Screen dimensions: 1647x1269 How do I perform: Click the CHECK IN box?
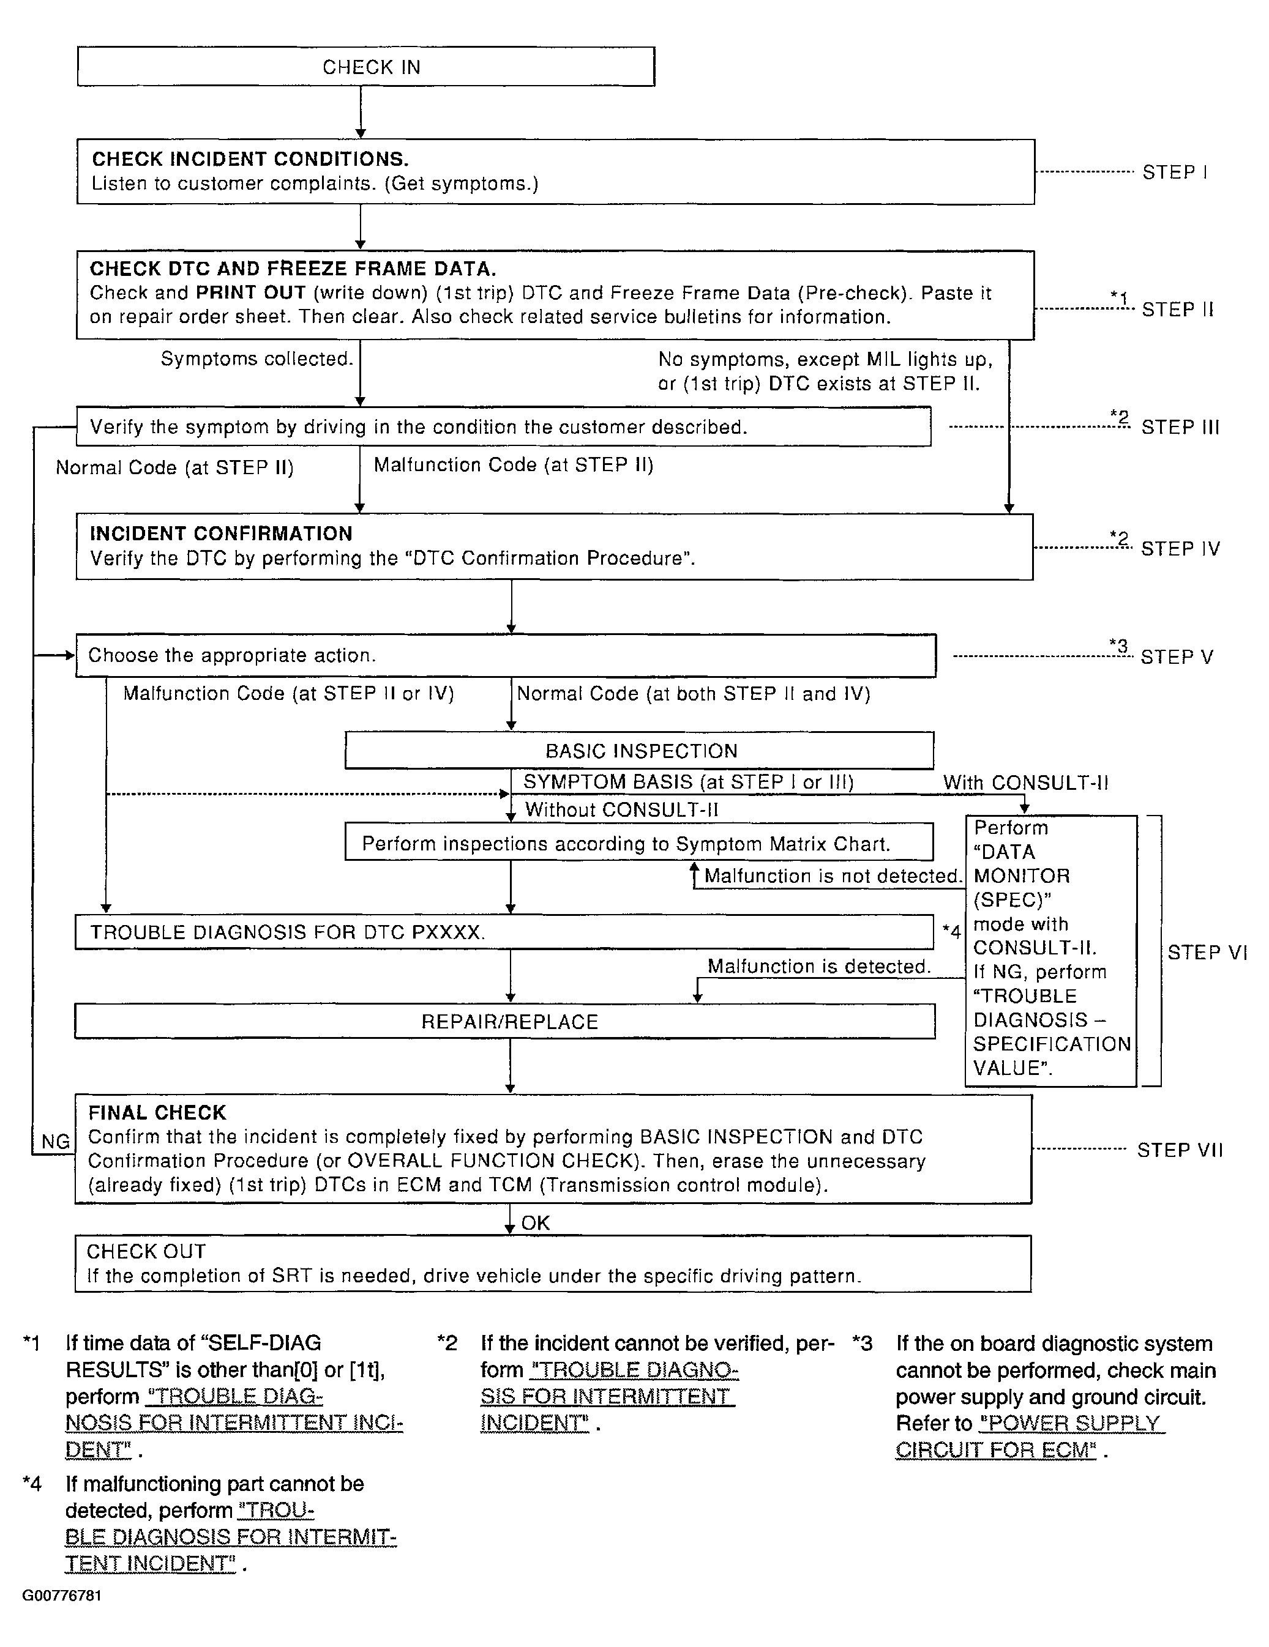[366, 67]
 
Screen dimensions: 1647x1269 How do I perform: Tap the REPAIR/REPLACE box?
[506, 1022]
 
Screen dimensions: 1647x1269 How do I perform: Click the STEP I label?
[1175, 173]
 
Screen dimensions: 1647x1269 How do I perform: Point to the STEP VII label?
[1179, 1150]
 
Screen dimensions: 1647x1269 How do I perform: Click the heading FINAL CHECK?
[157, 1113]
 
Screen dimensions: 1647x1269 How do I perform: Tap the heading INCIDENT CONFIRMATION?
[221, 534]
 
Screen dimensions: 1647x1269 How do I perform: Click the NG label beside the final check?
[55, 1142]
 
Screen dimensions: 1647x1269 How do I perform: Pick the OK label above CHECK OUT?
[536, 1223]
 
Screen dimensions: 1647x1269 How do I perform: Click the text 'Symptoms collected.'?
[256, 359]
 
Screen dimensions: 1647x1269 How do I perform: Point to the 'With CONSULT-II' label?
[1025, 783]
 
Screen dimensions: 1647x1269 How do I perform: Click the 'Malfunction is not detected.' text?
[833, 876]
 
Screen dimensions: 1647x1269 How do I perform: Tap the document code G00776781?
[62, 1596]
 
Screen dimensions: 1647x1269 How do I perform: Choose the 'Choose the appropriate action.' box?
[506, 655]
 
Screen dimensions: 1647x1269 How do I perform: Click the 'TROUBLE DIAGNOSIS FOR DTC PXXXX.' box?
[504, 932]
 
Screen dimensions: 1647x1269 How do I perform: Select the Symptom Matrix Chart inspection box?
[639, 843]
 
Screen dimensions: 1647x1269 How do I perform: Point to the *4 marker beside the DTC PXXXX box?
[951, 932]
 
